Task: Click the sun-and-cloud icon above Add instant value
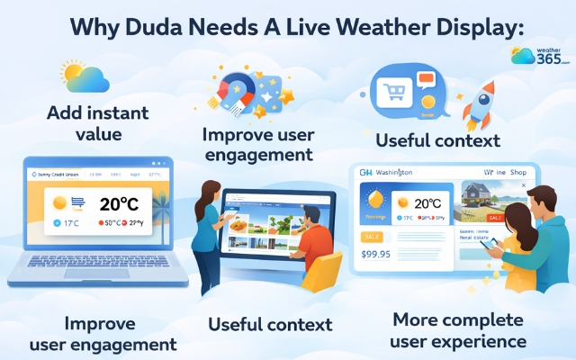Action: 85,78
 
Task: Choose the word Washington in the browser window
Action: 393,172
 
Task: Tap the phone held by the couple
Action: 486,243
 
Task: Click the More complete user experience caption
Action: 458,330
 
